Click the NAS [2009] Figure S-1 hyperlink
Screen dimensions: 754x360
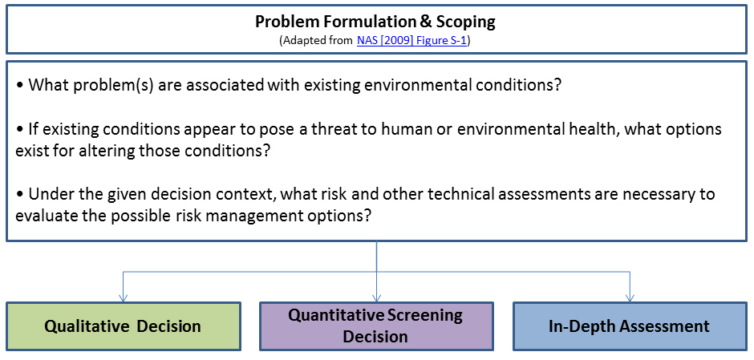411,41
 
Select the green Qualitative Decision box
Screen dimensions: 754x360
123,326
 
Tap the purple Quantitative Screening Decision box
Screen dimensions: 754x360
376,326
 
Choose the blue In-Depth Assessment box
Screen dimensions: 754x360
630,326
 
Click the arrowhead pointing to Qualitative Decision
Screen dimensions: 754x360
123,298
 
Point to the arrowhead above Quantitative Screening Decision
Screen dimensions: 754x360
376,298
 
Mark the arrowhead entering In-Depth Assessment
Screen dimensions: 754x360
630,298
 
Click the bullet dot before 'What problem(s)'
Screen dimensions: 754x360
20,87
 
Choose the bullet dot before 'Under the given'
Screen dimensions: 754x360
20,195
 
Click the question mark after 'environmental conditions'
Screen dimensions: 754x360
557,86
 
